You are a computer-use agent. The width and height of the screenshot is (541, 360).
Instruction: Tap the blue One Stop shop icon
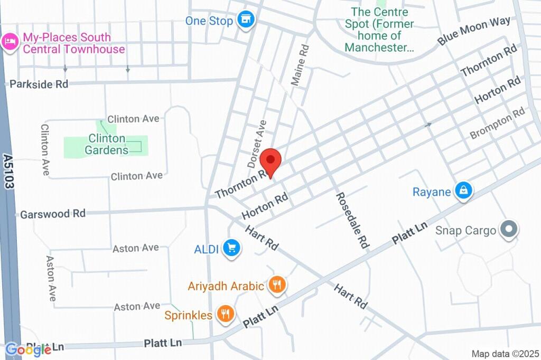(x=245, y=21)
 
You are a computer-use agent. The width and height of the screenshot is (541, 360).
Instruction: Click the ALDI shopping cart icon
(x=231, y=248)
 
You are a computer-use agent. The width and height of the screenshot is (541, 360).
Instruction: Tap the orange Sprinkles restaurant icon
(x=226, y=315)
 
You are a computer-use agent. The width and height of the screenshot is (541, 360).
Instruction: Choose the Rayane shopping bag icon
(x=463, y=191)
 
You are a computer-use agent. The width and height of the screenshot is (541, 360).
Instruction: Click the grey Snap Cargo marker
(x=509, y=230)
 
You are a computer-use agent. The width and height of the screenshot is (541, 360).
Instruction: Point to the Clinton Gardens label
(x=107, y=144)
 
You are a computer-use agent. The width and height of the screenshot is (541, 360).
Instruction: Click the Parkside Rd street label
(x=39, y=84)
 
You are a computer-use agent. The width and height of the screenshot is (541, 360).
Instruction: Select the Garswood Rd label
(x=52, y=214)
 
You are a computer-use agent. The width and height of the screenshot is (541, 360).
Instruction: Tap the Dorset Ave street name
(x=257, y=140)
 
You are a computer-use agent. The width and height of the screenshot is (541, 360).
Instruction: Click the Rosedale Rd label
(x=351, y=220)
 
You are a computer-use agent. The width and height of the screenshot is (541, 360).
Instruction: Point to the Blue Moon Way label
(x=474, y=31)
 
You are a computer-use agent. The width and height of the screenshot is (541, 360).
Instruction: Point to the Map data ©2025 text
(x=504, y=353)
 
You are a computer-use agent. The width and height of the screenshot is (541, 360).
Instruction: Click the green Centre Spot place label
(x=379, y=30)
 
